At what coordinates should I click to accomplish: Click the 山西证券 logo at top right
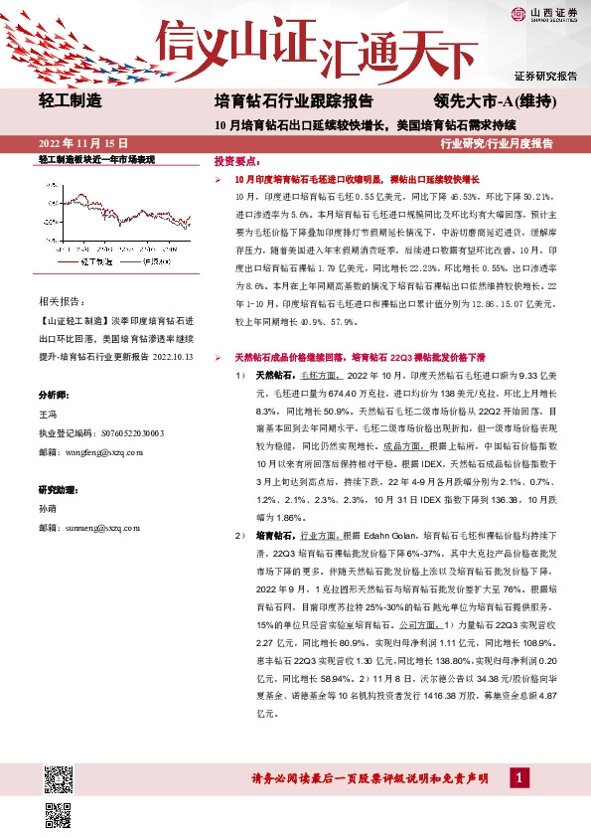545,13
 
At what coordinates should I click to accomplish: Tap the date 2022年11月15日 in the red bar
82,144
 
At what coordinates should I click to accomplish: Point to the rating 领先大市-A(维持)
495,100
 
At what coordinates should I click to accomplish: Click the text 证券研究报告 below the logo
545,76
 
